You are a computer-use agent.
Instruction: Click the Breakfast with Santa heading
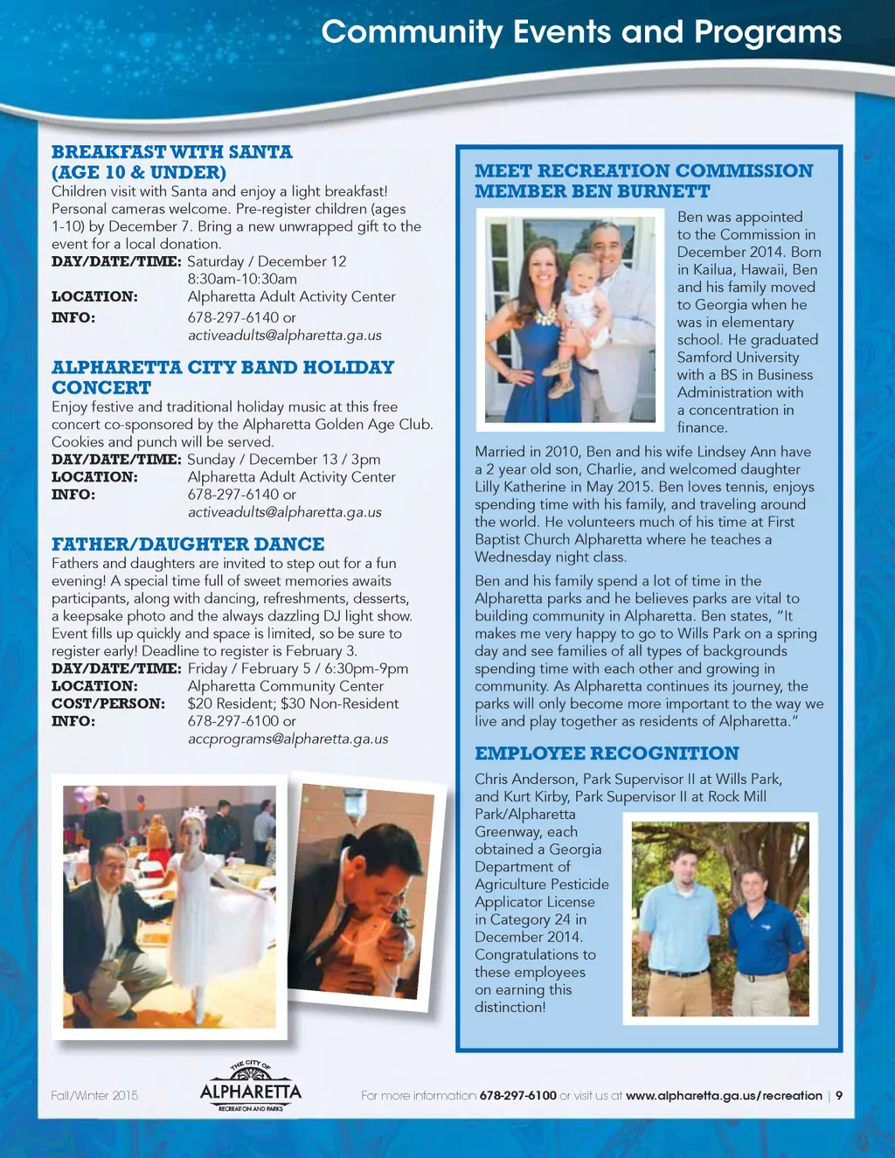click(172, 162)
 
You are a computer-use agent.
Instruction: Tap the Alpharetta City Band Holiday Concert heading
click(223, 378)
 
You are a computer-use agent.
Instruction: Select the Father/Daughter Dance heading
click(188, 544)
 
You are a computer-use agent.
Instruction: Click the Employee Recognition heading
click(607, 753)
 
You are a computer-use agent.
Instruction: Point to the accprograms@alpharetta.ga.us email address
click(288, 738)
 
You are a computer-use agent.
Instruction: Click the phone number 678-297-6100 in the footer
click(517, 1095)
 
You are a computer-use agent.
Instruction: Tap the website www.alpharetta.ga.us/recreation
click(724, 1095)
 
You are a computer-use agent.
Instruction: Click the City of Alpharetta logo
click(250, 1086)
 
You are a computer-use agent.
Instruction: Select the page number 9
click(839, 1095)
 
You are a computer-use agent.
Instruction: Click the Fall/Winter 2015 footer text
click(94, 1095)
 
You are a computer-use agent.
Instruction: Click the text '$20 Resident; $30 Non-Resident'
click(293, 704)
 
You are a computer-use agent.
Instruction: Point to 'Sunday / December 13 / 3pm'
click(284, 459)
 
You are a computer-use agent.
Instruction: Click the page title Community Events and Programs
click(581, 32)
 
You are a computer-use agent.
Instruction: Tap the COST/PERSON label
click(108, 704)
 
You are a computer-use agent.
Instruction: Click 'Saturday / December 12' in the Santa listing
click(267, 261)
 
